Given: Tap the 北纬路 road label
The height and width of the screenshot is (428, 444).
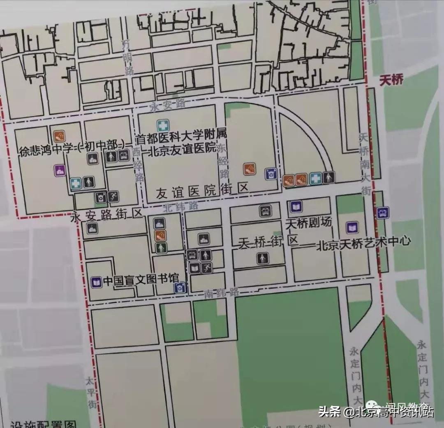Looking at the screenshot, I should pos(180,206).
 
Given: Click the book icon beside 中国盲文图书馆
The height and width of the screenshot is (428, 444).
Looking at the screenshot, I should pos(96,282).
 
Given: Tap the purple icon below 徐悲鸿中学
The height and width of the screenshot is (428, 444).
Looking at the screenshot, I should pos(60,170).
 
